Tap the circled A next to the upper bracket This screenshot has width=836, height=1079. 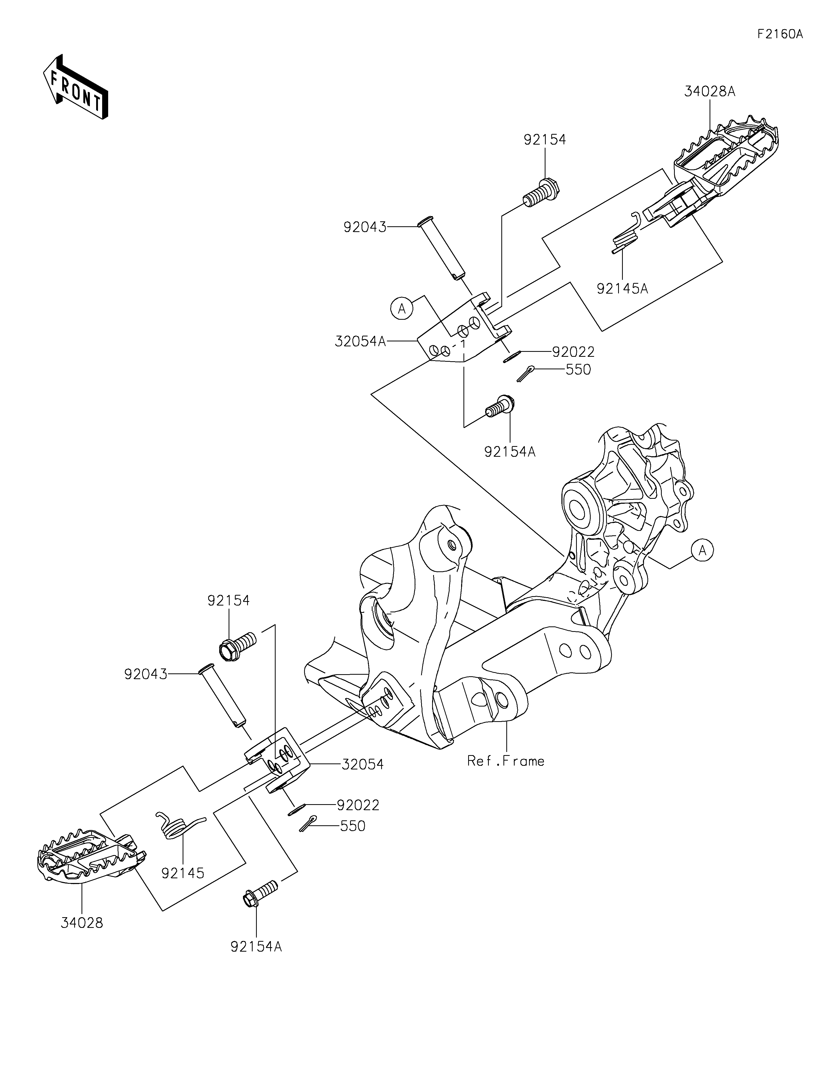(402, 309)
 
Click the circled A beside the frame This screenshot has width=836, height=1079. (703, 550)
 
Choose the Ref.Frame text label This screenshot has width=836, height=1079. (506, 761)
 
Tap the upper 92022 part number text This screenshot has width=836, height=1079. (573, 352)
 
